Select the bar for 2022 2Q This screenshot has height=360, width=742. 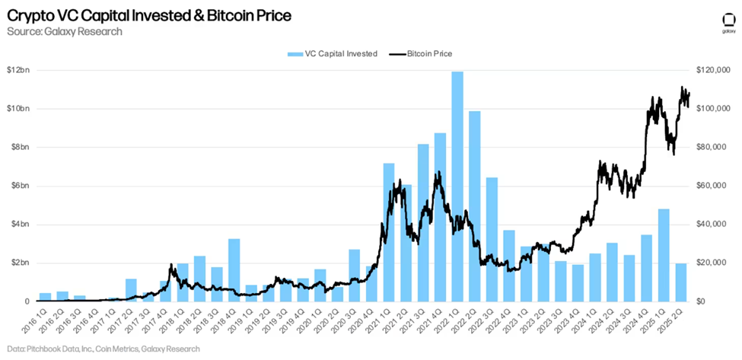click(x=474, y=206)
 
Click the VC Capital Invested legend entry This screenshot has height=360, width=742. click(x=332, y=54)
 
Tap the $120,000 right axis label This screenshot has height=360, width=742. click(x=715, y=71)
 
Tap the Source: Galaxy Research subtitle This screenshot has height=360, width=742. click(x=64, y=31)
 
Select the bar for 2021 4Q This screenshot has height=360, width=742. click(x=440, y=217)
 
